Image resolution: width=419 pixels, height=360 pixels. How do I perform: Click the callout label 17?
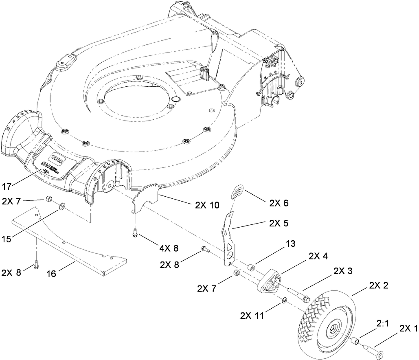[x=7, y=187]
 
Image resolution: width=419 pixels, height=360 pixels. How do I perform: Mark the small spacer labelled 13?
[x=252, y=268]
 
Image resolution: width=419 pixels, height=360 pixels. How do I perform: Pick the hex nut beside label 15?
[x=48, y=199]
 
